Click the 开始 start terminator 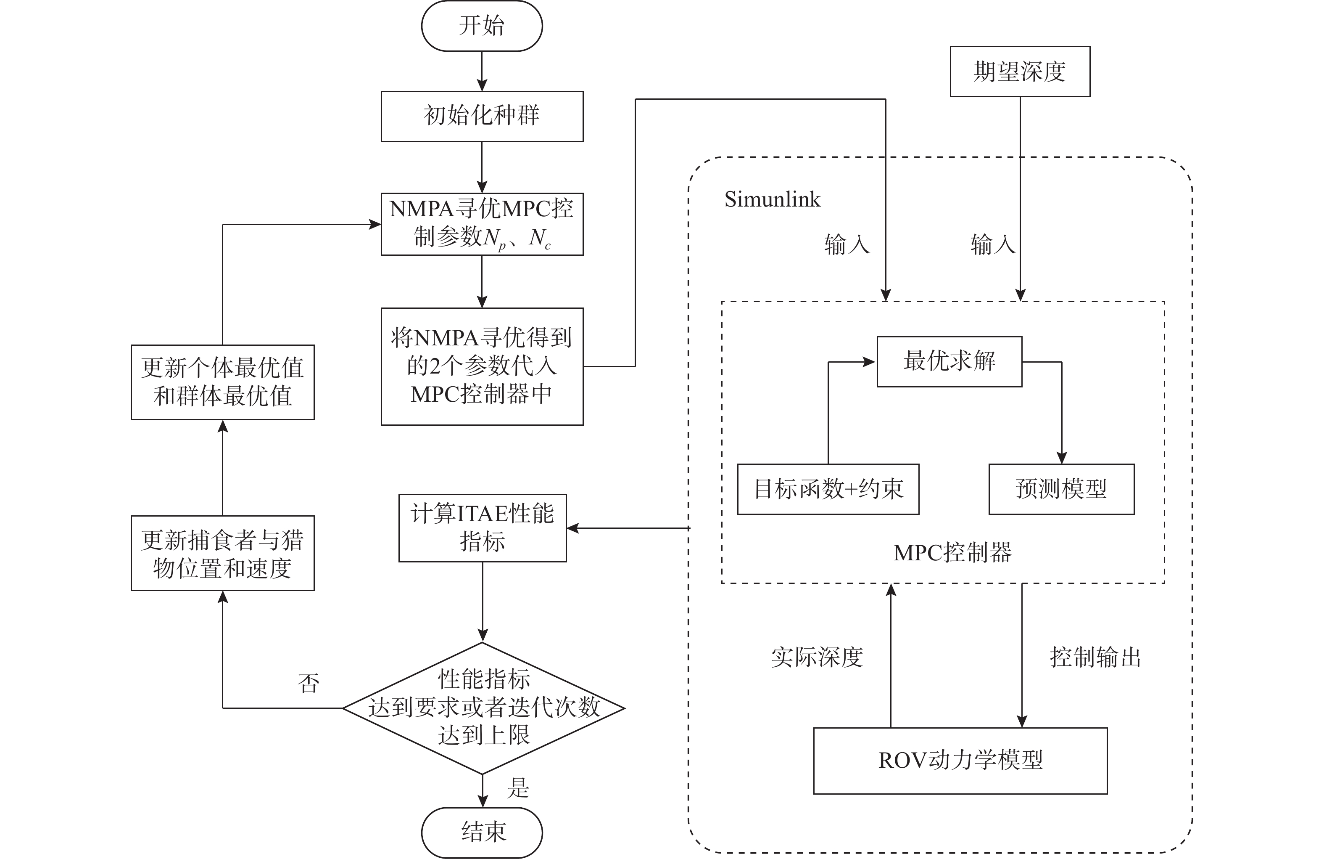click(x=482, y=26)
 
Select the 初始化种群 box click(x=482, y=117)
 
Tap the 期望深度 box click(x=1020, y=71)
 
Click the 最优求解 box click(x=949, y=361)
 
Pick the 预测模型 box click(x=1061, y=489)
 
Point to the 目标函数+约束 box click(x=828, y=489)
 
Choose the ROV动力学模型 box click(x=960, y=761)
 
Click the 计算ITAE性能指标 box click(x=483, y=528)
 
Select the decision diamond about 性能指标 click(x=483, y=708)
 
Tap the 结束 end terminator click(x=482, y=833)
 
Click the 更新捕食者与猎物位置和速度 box click(x=222, y=553)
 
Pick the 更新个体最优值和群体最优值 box click(x=222, y=382)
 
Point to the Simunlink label click(x=772, y=199)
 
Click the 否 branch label click(x=309, y=684)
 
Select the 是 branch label click(x=518, y=788)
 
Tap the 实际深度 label click(x=817, y=658)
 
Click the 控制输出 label click(x=1095, y=658)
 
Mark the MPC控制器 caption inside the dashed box click(x=952, y=553)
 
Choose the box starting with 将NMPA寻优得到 click(x=482, y=366)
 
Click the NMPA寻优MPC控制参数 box click(x=482, y=224)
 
